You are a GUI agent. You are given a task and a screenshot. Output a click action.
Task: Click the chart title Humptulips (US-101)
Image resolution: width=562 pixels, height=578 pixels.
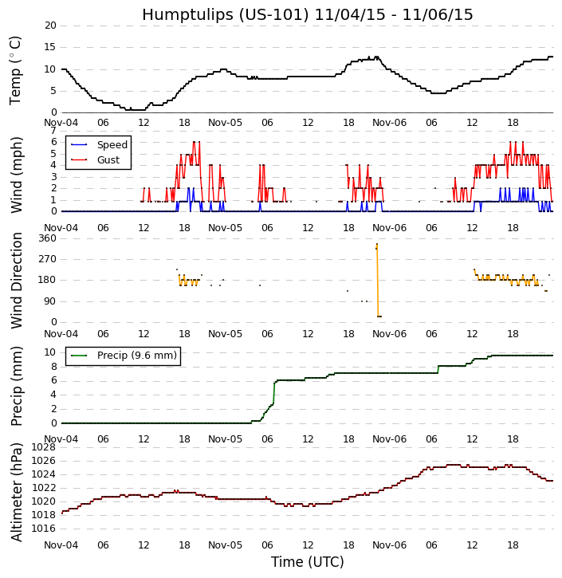pos(307,15)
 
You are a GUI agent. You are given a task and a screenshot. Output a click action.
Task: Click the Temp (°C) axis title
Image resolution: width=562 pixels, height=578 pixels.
pos(16,70)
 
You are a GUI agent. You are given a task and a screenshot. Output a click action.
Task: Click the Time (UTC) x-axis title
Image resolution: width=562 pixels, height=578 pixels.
pos(307,562)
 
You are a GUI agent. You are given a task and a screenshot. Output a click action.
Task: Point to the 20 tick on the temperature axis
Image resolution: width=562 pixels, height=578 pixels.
pos(50,26)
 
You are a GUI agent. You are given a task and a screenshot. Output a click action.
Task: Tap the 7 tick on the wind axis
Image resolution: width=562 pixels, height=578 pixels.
pos(53,131)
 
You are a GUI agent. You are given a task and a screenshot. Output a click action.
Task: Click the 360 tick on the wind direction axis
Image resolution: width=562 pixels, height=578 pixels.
pos(47,238)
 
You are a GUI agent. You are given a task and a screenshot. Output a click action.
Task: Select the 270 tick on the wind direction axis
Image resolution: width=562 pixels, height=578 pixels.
pos(47,259)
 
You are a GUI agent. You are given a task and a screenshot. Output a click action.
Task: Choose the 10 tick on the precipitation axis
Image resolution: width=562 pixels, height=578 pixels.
pos(50,352)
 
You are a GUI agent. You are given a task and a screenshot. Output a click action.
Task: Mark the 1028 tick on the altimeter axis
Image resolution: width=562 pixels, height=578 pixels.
pos(44,447)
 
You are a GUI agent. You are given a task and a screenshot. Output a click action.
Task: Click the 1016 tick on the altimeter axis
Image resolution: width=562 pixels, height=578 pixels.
pos(44,529)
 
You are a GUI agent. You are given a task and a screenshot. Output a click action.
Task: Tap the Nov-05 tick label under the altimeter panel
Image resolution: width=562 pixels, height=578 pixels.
pos(226,545)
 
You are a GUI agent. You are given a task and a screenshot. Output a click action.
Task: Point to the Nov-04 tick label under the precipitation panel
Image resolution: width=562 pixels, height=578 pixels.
pos(61,439)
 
